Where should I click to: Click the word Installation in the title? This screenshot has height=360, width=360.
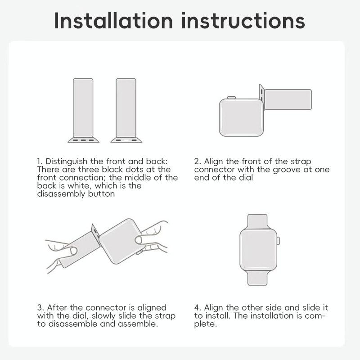tap(113, 21)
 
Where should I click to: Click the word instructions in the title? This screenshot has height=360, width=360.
tap(243, 21)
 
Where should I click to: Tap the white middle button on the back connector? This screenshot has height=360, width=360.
tap(126, 140)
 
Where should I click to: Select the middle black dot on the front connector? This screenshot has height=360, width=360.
tap(83, 140)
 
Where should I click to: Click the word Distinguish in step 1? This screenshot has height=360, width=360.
tap(67, 162)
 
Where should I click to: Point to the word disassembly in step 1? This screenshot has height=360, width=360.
tap(61, 194)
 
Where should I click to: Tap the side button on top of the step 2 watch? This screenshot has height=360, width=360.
tap(231, 98)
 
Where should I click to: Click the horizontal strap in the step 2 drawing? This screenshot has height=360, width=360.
tap(288, 99)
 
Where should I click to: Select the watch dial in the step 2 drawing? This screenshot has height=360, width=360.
tap(241, 117)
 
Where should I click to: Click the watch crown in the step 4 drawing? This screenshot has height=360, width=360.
tap(278, 241)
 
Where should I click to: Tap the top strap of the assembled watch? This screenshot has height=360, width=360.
tap(257, 221)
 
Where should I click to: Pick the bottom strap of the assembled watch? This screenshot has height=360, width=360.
tap(257, 278)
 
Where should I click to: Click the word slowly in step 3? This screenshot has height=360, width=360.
tap(103, 316)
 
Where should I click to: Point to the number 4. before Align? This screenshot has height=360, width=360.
tap(198, 307)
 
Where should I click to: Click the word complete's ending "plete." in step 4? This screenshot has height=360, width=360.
tap(206, 324)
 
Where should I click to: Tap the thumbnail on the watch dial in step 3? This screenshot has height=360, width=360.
tap(139, 240)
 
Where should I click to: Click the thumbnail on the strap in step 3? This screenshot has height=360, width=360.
tap(73, 251)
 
